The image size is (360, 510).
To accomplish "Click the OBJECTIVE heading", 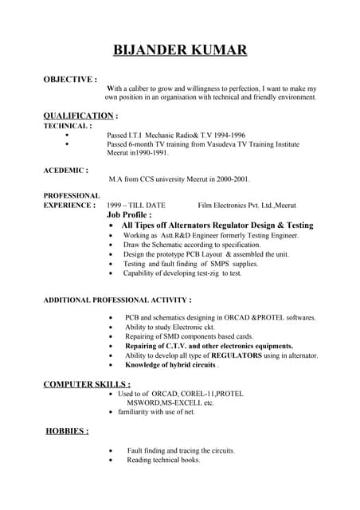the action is [x=69, y=80].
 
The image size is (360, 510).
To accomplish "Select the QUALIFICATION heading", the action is [x=78, y=116].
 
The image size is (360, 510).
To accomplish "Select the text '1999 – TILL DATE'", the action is [x=135, y=206].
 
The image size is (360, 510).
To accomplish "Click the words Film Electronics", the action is [x=225, y=206].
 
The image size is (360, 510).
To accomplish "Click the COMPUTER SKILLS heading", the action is [x=87, y=384].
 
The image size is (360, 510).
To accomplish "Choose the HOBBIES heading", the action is [x=67, y=431].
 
